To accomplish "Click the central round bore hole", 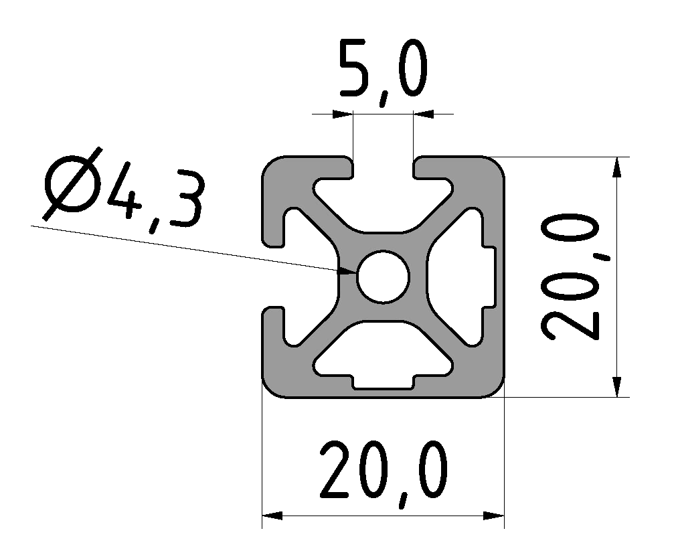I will tap(383, 276).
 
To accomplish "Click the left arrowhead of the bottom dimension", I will tap(272, 516).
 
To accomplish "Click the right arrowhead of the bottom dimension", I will tap(493, 516).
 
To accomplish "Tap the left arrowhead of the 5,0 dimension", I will tap(342, 114).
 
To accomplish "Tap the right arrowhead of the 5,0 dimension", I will tap(424, 114).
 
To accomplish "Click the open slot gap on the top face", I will tap(383, 171).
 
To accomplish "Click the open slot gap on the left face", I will tap(274, 276).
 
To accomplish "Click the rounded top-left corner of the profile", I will tap(272, 167).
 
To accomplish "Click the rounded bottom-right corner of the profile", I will tap(494, 387).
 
